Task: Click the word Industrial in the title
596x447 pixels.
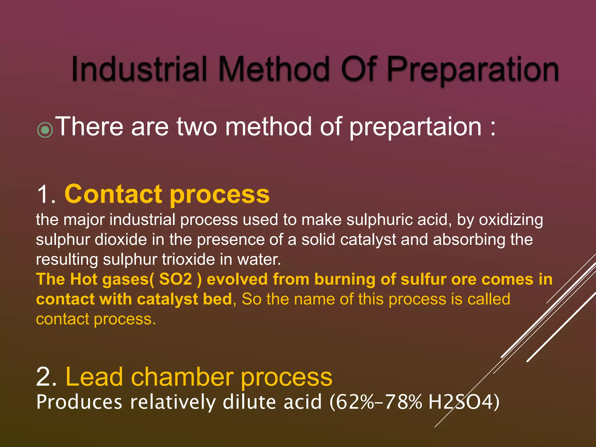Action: [139, 69]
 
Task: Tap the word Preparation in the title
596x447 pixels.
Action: [473, 70]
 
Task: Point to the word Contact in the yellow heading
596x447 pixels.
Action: [113, 194]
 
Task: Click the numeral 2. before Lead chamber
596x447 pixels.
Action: [46, 377]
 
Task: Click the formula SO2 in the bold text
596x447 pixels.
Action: [176, 279]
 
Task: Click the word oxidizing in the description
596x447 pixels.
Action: [511, 220]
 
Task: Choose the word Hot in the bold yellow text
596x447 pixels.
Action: [84, 279]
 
